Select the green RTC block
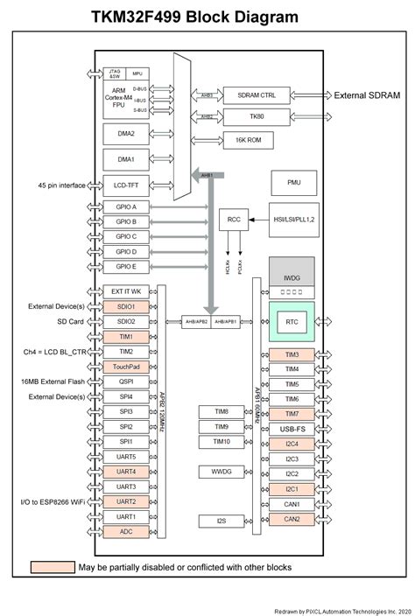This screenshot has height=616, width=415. point(292,322)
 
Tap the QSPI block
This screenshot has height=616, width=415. point(125,381)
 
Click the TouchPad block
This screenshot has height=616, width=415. point(125,367)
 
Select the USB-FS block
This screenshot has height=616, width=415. point(292,429)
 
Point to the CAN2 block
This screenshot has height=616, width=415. point(292,519)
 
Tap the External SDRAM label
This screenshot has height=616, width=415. point(369,95)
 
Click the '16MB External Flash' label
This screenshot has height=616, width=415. point(46,381)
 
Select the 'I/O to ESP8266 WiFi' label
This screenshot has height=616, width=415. point(45,501)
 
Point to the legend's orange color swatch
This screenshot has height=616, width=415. point(52,567)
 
